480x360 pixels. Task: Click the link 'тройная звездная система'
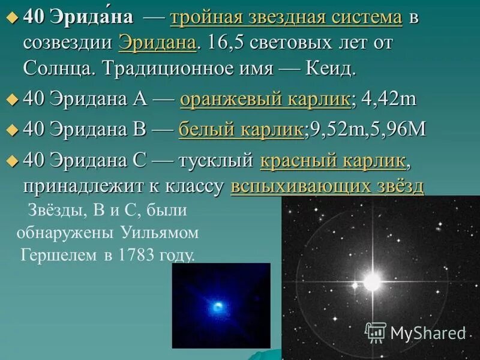[x=286, y=17]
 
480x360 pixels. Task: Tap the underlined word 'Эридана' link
[x=157, y=43]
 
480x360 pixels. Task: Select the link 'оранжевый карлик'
[x=265, y=100]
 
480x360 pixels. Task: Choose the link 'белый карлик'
[x=241, y=130]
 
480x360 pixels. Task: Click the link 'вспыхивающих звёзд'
[x=327, y=187]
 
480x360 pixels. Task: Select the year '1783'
[x=135, y=256]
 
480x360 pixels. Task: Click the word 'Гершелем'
[x=58, y=256]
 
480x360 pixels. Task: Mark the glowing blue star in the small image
[x=220, y=305]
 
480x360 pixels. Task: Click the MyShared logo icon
[x=376, y=332]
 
